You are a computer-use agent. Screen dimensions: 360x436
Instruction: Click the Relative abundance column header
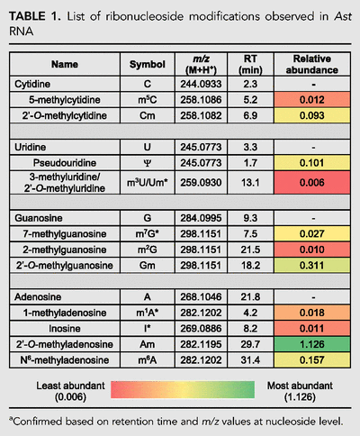click(x=312, y=64)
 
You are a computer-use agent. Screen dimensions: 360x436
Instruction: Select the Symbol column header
click(x=148, y=64)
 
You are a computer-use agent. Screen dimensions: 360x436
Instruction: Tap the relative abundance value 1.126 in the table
click(x=312, y=344)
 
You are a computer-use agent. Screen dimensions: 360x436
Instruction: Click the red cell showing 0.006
click(x=312, y=183)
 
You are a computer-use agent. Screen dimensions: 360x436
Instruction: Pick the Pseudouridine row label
click(x=65, y=163)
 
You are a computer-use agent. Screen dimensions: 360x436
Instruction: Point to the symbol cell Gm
click(x=148, y=266)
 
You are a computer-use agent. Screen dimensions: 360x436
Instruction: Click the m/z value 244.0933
click(x=201, y=84)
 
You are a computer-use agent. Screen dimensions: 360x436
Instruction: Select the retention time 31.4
click(x=250, y=360)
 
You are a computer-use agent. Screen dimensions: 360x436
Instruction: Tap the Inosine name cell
click(x=65, y=329)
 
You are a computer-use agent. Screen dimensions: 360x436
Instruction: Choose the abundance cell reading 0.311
click(x=312, y=266)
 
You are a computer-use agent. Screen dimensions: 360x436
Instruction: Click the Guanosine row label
click(x=39, y=218)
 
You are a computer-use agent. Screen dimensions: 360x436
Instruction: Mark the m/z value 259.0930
click(x=201, y=183)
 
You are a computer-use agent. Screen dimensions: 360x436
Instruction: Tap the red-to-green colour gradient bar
click(x=183, y=390)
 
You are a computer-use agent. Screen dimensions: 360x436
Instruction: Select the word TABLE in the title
click(x=27, y=16)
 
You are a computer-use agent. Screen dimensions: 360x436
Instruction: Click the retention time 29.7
click(x=250, y=344)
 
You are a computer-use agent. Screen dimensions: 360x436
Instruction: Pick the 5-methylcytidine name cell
click(x=65, y=100)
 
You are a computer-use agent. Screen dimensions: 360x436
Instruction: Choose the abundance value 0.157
click(x=312, y=360)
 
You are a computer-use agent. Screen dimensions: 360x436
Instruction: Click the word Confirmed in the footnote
click(x=38, y=422)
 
